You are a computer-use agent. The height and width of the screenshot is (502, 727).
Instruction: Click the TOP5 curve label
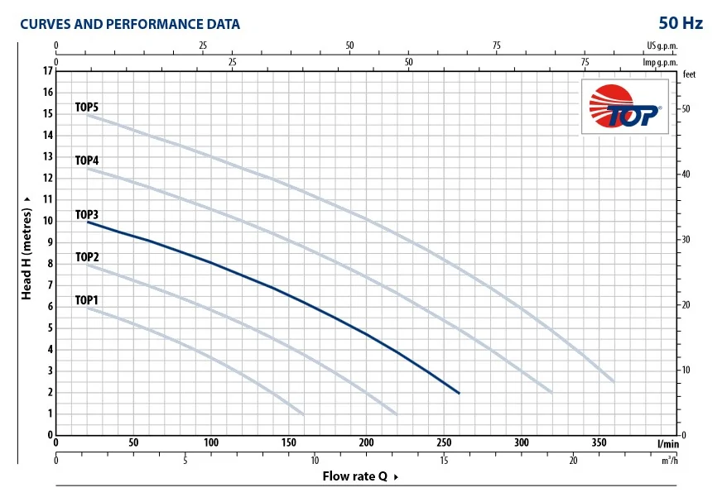pos(87,107)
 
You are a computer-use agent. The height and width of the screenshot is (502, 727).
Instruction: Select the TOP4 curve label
pos(87,160)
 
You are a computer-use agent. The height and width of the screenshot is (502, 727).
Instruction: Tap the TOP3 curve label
pos(87,214)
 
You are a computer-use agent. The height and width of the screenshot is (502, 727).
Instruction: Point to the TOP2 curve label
pos(87,257)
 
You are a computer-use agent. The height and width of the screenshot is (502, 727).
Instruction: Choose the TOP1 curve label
pos(87,300)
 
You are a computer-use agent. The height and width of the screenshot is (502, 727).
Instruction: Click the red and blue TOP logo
pos(625,108)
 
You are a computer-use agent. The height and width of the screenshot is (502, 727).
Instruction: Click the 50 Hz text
pos(681,23)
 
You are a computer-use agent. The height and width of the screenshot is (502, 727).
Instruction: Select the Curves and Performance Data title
pos(130,24)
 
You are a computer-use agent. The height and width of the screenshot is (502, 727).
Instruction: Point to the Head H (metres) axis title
pos(26,247)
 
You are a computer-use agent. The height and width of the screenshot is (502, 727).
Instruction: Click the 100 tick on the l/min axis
pos(211,442)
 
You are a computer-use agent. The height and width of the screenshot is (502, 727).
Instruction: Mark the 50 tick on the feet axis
pos(686,109)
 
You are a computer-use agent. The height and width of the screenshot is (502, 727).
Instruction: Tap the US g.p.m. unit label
pos(662,46)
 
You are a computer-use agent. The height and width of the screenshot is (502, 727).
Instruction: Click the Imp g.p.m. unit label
pos(660,62)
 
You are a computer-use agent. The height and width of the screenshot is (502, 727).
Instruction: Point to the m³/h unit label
pos(669,460)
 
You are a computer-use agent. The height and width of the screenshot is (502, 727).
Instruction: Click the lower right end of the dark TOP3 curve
pos(459,393)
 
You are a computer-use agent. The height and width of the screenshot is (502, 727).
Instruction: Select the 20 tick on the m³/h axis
pos(573,460)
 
